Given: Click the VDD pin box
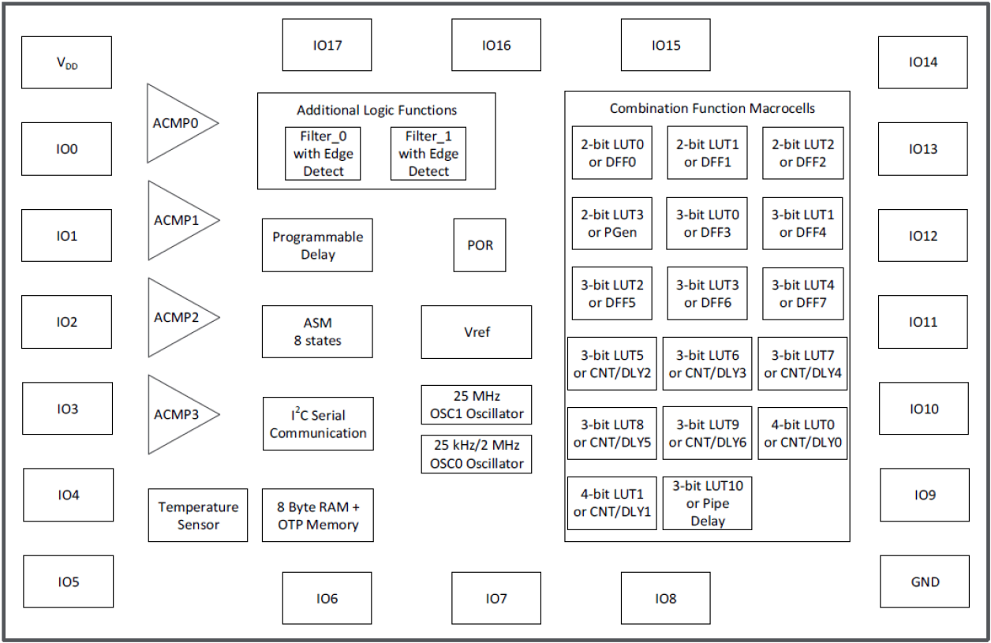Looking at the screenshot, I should click(66, 62).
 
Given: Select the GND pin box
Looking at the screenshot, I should click(924, 581).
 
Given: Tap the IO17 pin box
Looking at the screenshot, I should click(327, 45).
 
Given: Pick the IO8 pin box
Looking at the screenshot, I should click(665, 598).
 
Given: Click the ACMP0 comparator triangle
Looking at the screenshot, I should click(177, 123).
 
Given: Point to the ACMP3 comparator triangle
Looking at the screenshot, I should click(177, 414).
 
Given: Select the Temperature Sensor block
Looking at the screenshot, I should click(198, 515).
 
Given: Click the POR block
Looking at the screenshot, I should click(480, 245).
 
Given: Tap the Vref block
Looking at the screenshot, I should click(477, 332).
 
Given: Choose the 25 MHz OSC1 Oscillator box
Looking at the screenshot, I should click(477, 405).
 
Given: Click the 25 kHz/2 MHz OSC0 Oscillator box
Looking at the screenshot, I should click(477, 454).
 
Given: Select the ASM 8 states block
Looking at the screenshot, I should click(317, 332).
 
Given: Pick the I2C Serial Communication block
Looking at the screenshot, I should click(318, 424).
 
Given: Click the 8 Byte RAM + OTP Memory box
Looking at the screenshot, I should click(317, 515).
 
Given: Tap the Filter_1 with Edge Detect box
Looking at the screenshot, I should click(428, 153).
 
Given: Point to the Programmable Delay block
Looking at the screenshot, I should click(317, 245).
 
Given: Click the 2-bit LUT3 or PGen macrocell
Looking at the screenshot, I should click(611, 223).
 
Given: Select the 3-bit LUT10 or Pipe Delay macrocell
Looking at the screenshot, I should click(707, 503).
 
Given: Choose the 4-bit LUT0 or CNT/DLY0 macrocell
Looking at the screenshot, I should click(802, 433).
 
